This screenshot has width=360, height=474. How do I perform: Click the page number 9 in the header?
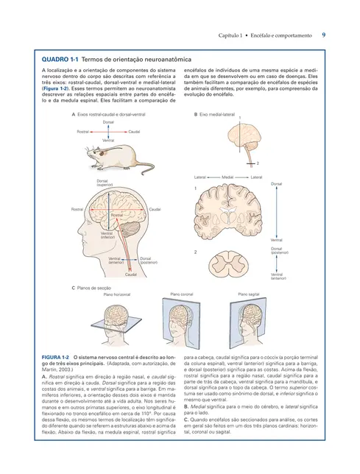(325, 35)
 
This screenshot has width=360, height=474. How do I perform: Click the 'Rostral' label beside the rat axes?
(84, 131)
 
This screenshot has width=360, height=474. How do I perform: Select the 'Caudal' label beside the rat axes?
(134, 131)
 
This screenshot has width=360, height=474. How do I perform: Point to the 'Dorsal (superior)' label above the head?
(105, 183)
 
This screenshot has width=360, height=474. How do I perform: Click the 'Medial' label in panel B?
(227, 177)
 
